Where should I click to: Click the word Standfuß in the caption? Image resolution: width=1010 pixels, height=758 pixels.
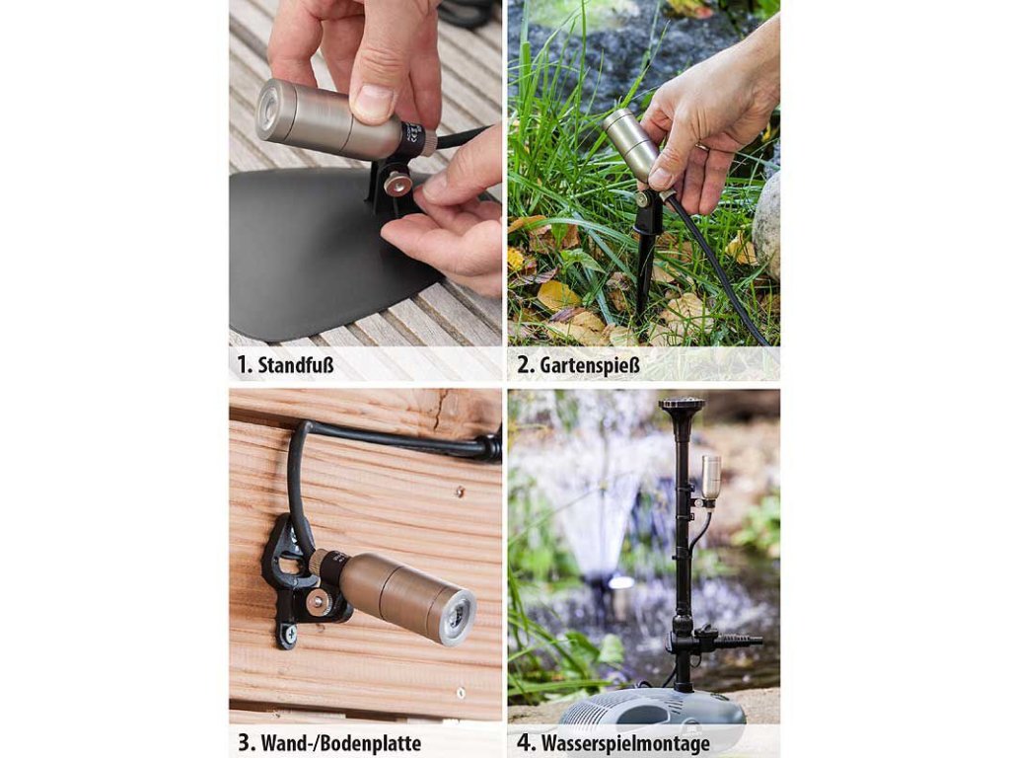296,365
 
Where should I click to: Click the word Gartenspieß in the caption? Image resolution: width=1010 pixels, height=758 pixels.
590,365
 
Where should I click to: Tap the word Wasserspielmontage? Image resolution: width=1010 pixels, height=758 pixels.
625,743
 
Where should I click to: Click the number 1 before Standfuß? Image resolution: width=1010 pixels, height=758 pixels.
243,365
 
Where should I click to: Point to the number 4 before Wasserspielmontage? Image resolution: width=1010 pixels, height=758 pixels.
525,742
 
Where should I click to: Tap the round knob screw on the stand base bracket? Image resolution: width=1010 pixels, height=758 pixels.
397,185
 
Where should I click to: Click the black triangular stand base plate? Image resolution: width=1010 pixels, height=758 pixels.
323,252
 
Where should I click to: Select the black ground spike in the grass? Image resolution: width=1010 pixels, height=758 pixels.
645,258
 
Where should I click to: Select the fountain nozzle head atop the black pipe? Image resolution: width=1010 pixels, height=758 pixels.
681,407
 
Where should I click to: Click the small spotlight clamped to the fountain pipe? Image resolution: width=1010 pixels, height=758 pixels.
710,479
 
